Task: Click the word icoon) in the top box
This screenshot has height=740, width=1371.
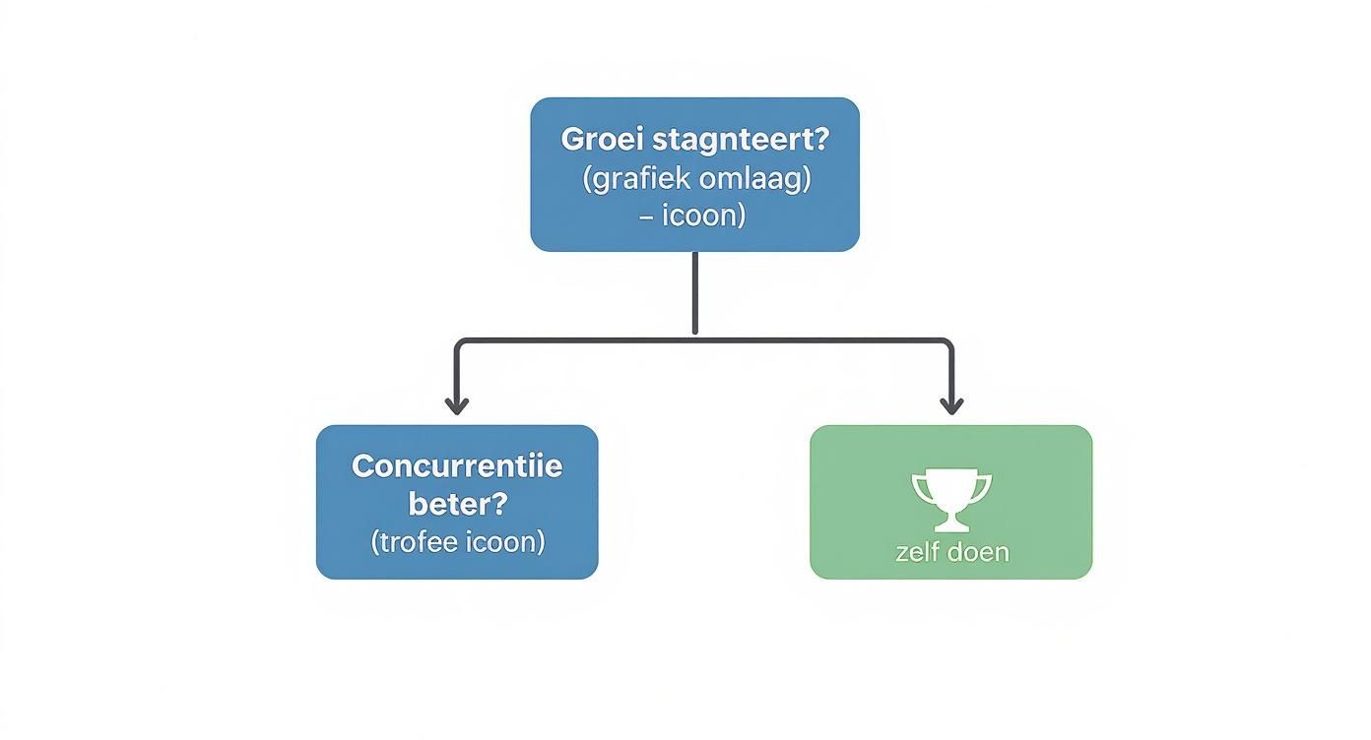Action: pos(703,216)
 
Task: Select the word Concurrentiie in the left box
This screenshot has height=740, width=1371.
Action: pos(457,465)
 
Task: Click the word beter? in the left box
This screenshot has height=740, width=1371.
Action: pos(457,504)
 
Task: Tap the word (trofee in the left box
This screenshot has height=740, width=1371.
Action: pos(413,541)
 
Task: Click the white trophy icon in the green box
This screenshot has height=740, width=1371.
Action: pos(951,498)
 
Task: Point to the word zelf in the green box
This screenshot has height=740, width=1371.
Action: pos(918,552)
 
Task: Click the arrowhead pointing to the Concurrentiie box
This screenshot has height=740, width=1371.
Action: pos(455,405)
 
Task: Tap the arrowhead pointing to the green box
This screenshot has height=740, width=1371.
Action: pos(951,405)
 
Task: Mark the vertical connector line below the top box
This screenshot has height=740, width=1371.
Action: pos(695,293)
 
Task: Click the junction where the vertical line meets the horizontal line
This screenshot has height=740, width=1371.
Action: pos(695,340)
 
